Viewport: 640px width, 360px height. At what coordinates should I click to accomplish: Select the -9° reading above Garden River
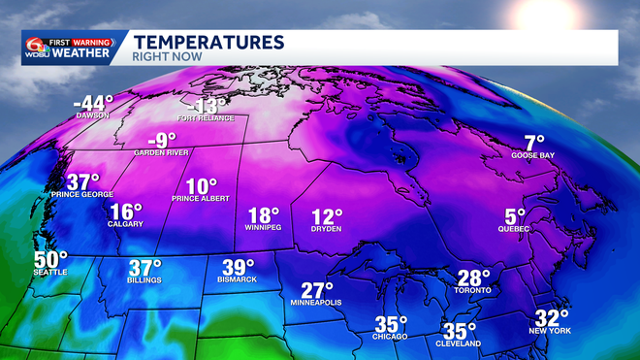click(x=162, y=140)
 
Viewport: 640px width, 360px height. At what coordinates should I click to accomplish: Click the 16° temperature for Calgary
click(x=126, y=212)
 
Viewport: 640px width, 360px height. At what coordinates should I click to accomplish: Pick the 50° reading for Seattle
click(x=51, y=260)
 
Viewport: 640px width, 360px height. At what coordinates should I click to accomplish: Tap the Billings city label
click(x=144, y=280)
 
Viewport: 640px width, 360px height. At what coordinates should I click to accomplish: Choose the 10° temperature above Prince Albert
click(x=202, y=186)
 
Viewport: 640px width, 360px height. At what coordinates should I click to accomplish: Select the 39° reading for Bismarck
click(x=238, y=267)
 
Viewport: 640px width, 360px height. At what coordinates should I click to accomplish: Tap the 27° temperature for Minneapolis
click(x=316, y=290)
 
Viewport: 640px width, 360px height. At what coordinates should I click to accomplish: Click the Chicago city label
click(x=391, y=336)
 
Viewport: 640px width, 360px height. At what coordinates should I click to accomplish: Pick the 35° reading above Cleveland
click(x=460, y=330)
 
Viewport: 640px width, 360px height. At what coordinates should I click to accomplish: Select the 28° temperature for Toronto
click(x=473, y=278)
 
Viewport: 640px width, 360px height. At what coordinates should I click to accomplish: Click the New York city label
click(x=551, y=332)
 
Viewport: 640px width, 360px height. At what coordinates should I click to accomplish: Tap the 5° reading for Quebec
click(x=514, y=215)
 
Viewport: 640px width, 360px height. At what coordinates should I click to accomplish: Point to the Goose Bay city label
click(x=533, y=155)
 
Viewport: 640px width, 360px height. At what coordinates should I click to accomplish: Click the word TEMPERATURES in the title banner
click(x=208, y=41)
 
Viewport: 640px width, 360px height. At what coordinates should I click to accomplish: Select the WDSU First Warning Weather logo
click(x=71, y=47)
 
